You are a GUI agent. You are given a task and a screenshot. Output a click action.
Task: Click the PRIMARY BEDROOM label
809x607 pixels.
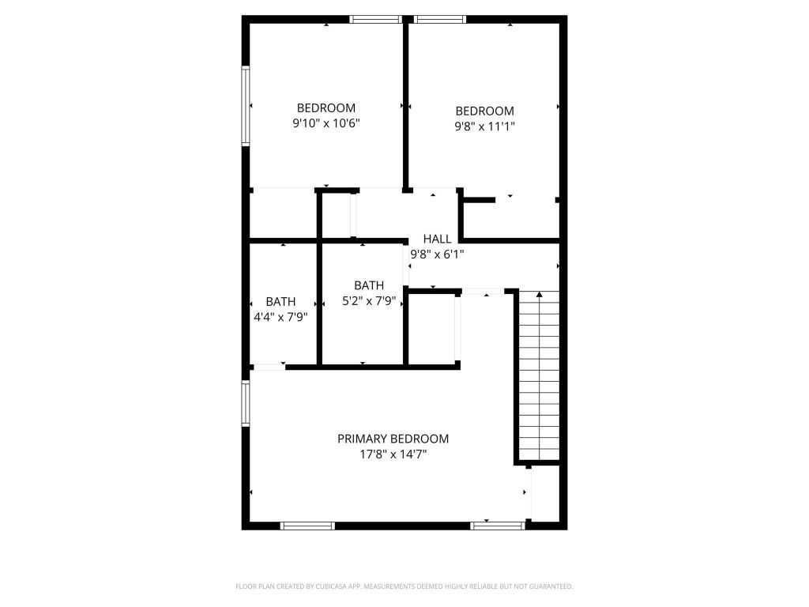[393, 439]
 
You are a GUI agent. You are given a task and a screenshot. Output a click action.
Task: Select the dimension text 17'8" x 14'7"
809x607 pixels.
[393, 454]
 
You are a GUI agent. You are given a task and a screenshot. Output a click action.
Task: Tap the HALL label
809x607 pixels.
[437, 239]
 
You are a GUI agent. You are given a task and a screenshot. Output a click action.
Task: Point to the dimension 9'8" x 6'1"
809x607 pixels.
[437, 254]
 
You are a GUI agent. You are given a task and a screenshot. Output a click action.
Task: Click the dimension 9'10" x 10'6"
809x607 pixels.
[326, 123]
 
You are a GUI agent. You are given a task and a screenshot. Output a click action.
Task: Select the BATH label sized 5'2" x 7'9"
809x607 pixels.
[369, 285]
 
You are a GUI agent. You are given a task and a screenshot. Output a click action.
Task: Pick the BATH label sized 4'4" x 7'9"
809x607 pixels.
[280, 301]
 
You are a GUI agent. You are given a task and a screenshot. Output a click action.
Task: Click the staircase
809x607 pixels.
[540, 375]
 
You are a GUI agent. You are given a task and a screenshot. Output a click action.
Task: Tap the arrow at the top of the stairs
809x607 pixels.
[540, 295]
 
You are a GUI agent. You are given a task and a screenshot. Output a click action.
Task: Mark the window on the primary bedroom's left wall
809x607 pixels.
[246, 403]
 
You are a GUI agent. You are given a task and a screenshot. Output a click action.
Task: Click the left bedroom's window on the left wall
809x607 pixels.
[246, 107]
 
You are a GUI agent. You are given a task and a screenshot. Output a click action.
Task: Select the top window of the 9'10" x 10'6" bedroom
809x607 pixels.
[377, 20]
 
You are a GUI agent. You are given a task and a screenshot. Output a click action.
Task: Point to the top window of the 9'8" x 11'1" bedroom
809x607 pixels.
[440, 20]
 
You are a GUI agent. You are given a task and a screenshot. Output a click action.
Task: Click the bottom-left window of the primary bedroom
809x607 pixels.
[308, 526]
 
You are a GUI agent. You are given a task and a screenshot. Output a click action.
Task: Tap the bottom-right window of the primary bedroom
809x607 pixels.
[498, 526]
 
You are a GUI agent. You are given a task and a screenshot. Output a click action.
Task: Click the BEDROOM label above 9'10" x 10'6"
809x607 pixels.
[326, 107]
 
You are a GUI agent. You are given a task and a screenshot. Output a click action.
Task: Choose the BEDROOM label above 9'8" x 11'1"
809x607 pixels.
[484, 111]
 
